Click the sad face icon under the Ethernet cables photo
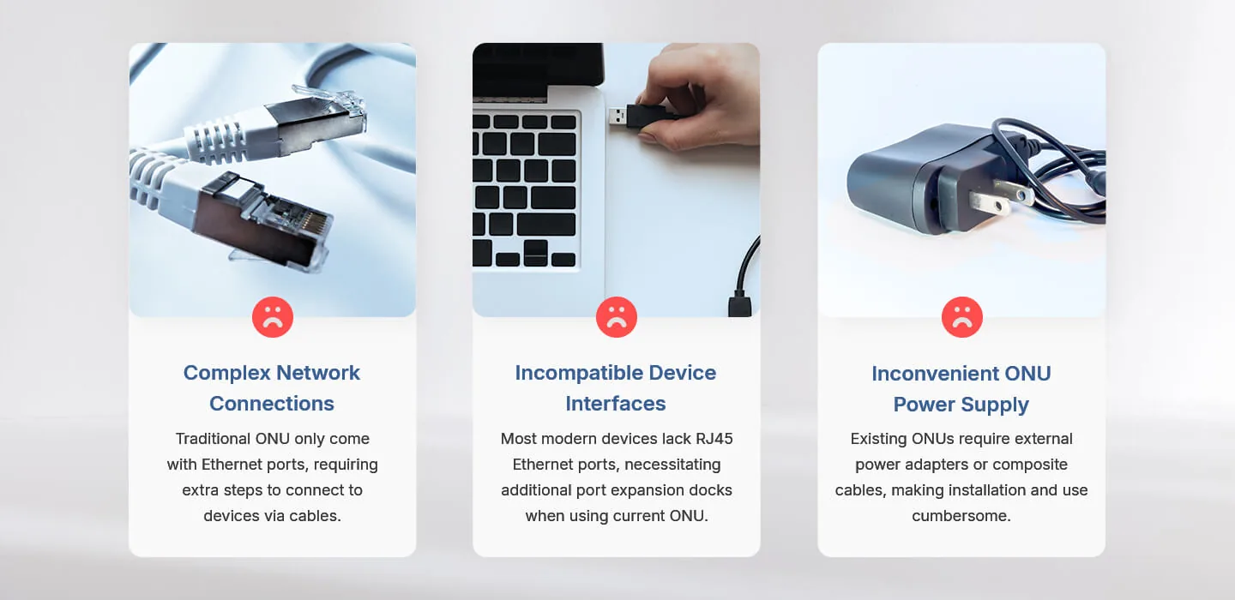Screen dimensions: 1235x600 [273, 317]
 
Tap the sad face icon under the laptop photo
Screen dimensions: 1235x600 [617, 317]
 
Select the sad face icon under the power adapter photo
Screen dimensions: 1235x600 [962, 317]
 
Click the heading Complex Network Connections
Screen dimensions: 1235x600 [272, 388]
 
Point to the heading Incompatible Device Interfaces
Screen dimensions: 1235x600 [616, 388]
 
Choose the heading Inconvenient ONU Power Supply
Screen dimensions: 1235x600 [961, 388]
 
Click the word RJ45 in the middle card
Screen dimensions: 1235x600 [714, 439]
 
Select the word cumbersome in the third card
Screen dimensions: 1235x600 [961, 516]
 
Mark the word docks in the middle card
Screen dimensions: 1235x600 [711, 489]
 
